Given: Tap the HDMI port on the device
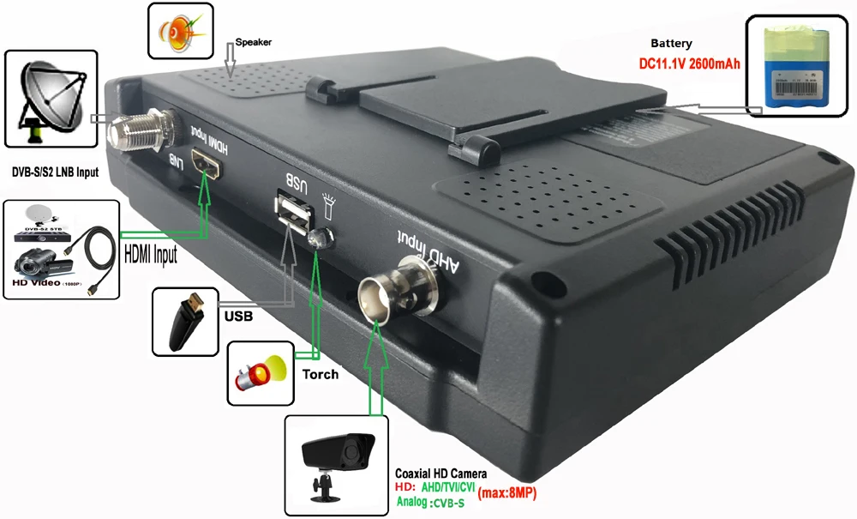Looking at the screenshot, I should coord(206,166).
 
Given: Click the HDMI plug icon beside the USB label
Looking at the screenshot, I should coord(184,321).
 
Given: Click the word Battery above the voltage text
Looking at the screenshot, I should coord(671,43).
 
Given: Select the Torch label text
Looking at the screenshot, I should coord(320,374).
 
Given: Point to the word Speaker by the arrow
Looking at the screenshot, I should coord(254,40).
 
